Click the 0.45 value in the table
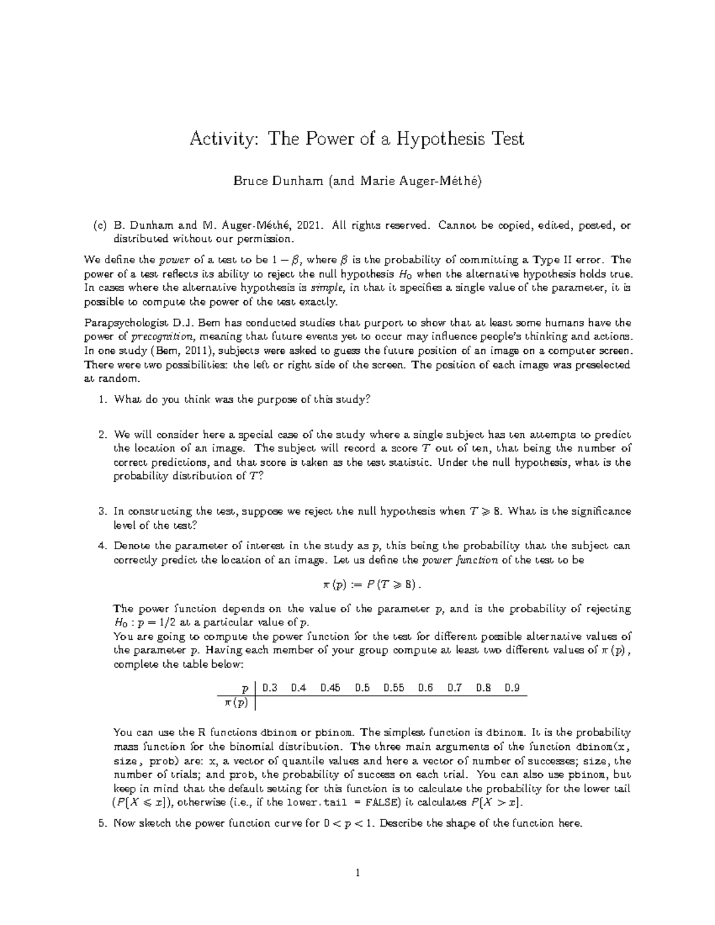[x=330, y=688]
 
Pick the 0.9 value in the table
[x=512, y=688]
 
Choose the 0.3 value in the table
[x=270, y=688]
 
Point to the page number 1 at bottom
[x=357, y=874]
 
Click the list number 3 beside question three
[x=102, y=511]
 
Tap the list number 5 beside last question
[x=102, y=824]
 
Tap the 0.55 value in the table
[x=394, y=688]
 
